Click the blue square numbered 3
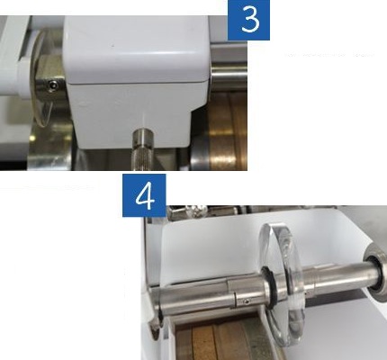click(x=248, y=20)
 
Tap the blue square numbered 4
click(x=144, y=195)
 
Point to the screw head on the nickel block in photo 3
click(x=53, y=85)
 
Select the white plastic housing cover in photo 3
click(x=137, y=81)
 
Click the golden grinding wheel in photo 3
click(x=227, y=131)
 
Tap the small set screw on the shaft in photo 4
click(x=247, y=301)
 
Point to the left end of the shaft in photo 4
click(x=157, y=303)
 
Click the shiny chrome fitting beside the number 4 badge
click(x=186, y=212)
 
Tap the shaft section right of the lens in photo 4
click(x=333, y=277)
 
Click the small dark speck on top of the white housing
click(x=112, y=46)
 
